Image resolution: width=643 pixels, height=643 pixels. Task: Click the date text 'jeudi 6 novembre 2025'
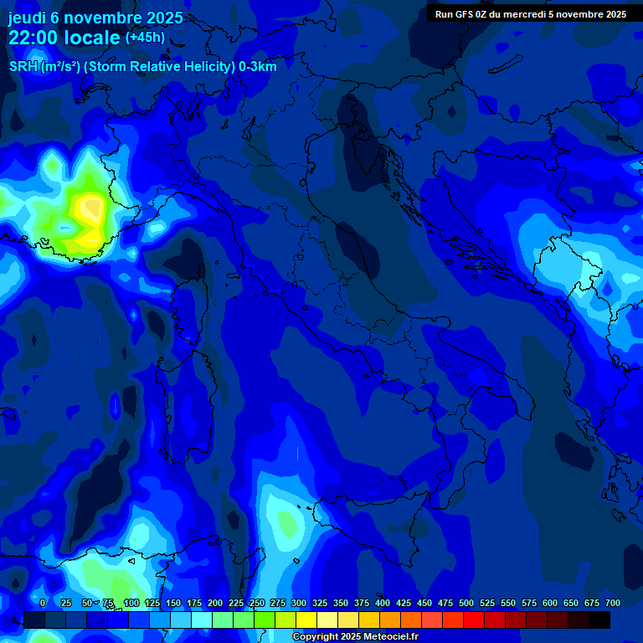[x=95, y=18]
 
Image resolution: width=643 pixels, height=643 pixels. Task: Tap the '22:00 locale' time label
[x=64, y=38]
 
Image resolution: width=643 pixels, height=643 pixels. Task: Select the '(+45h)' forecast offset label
[x=145, y=38]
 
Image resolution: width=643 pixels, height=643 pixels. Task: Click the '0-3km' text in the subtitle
[x=258, y=66]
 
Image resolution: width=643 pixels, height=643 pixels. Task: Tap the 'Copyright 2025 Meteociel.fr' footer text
[x=355, y=637]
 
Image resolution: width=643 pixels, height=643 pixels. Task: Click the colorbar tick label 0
[x=43, y=603]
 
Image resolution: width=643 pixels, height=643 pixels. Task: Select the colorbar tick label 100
[x=131, y=603]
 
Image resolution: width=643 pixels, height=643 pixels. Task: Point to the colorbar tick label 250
[x=257, y=603]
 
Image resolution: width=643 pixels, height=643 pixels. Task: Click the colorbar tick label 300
[x=299, y=603]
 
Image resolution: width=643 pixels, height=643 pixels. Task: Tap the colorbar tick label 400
[x=383, y=603]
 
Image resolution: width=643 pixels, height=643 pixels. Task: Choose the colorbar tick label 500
[x=466, y=603]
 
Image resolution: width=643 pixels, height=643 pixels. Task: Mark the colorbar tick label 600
[x=550, y=603]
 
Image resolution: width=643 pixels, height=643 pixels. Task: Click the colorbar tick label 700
[x=612, y=603]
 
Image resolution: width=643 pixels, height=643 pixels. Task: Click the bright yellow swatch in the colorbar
[x=306, y=620]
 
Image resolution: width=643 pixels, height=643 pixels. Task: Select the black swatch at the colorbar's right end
[x=599, y=620]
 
